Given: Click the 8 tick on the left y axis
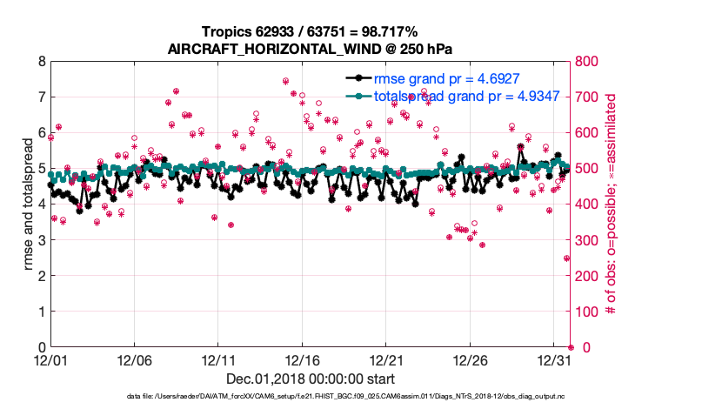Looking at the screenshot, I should [40, 62].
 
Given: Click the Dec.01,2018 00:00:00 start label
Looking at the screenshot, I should [310, 379].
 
